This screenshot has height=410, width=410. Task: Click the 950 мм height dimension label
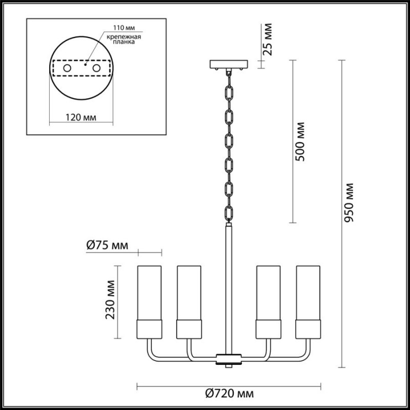[349, 202]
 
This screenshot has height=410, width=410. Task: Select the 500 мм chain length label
[300, 141]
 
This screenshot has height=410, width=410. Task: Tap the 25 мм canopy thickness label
[267, 39]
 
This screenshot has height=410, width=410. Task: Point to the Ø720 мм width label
[229, 393]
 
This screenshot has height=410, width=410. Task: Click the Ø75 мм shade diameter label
[107, 245]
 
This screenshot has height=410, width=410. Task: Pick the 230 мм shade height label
[110, 300]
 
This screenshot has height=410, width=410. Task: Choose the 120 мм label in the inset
[81, 118]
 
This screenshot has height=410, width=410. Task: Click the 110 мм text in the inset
[124, 28]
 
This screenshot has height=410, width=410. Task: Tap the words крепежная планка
[124, 39]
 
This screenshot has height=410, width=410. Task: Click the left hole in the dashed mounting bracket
[67, 68]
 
